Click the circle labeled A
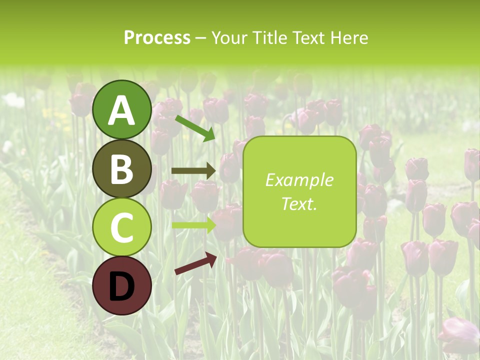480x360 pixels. click(x=121, y=109)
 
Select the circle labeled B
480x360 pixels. click(x=121, y=168)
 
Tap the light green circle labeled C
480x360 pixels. click(x=121, y=227)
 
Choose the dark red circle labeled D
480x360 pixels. click(x=121, y=285)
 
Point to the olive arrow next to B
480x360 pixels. click(x=193, y=171)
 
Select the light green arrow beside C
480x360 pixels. click(x=193, y=225)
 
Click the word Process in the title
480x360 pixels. click(x=157, y=37)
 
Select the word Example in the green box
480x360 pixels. click(x=299, y=180)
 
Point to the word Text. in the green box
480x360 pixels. click(x=299, y=203)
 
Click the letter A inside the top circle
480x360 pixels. click(x=121, y=110)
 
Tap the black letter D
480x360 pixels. click(x=121, y=286)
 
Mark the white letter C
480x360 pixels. click(x=121, y=227)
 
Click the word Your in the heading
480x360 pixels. click(x=228, y=37)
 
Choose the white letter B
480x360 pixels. click(x=121, y=169)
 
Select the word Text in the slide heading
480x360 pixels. click(x=308, y=37)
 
